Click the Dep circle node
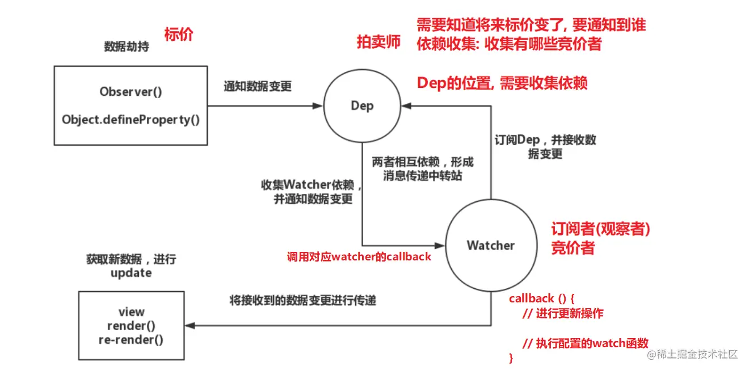362,106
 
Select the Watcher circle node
490,245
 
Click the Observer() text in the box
131,92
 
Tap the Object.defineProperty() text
131,120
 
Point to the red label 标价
179,35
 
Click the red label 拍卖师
378,42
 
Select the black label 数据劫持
127,47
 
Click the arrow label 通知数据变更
258,86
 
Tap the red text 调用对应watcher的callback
359,257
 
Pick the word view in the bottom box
132,312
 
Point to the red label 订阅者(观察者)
600,229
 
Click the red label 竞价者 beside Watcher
573,248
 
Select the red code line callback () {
542,298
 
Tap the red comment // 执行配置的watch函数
584,343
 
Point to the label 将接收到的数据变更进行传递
302,301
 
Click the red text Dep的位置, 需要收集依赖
502,83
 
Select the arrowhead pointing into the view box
191,326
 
